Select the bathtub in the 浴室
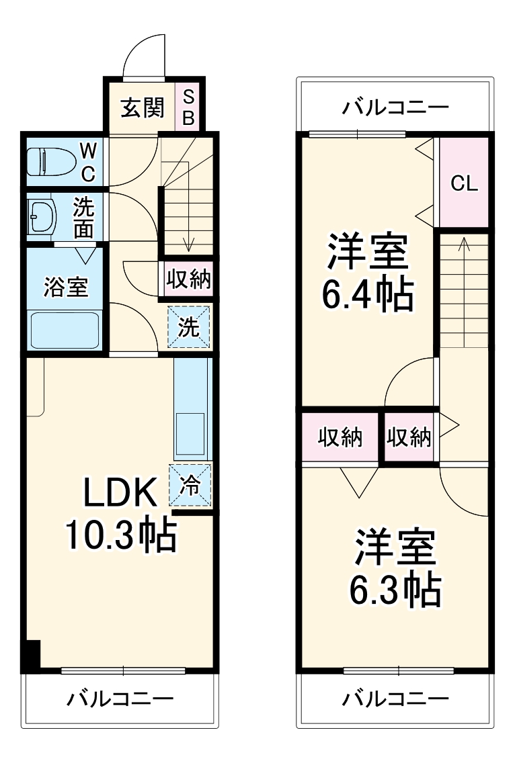pos(65,329)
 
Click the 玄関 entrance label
pos(142,107)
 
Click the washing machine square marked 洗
pos(189,326)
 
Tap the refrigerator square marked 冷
pos(190,485)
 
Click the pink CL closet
pos(464,183)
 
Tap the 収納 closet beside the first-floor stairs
pos(189,279)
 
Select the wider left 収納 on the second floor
pos(340,437)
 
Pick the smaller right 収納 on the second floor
pos(409,437)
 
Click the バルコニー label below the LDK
pos(120,699)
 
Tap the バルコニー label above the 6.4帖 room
pos(395,107)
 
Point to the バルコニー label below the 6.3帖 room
pos(395,699)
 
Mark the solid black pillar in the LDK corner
pos(31,656)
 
